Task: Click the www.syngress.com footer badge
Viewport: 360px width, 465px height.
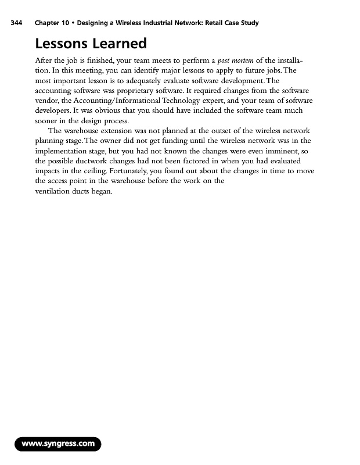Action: click(x=58, y=445)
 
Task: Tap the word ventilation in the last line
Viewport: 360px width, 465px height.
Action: click(x=53, y=190)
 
